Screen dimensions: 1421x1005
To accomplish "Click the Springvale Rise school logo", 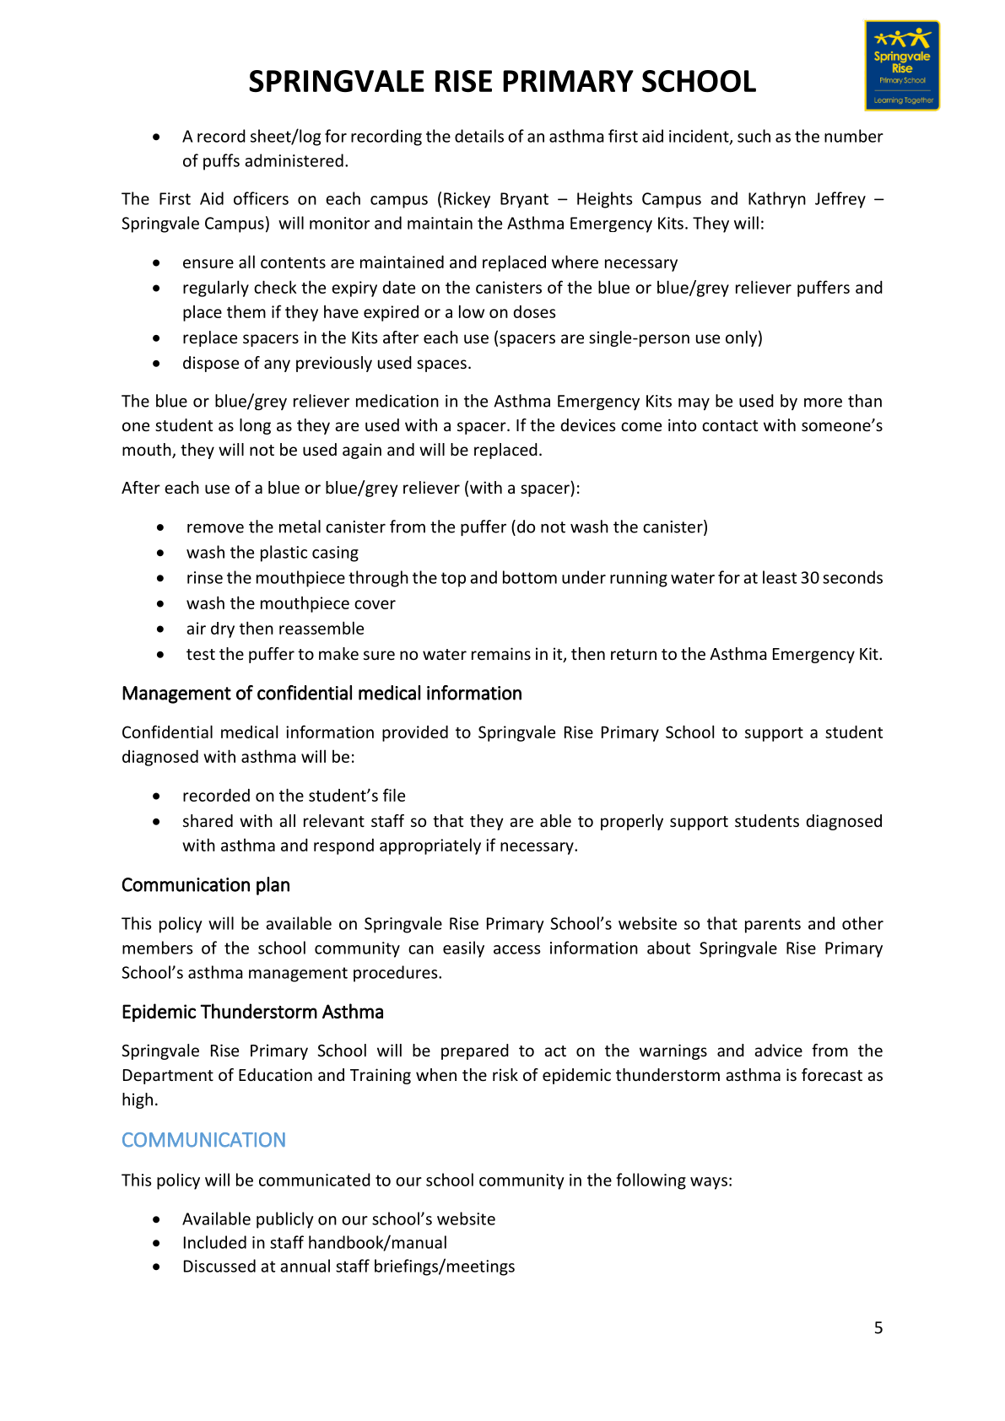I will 901,66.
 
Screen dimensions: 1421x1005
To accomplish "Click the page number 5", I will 878,1328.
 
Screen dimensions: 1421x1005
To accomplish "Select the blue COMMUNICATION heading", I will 203,1140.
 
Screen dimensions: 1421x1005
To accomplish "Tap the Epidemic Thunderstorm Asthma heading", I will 252,1012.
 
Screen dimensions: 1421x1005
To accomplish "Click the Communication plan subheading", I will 205,885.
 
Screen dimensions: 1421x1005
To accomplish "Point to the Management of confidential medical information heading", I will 321,694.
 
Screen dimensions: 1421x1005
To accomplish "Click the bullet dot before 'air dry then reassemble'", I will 160,629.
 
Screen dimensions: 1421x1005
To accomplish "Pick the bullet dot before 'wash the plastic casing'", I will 160,554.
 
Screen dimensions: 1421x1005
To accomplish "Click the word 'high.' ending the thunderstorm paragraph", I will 139,1100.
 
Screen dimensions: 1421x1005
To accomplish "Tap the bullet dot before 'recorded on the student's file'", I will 157,797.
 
